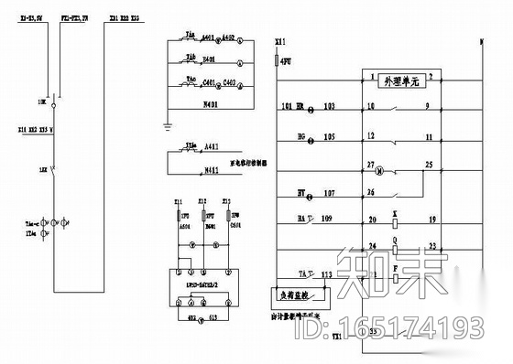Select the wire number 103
(x=330, y=107)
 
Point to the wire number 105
(x=330, y=136)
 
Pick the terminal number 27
(x=371, y=165)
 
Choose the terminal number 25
(x=429, y=165)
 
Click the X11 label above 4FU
(x=279, y=42)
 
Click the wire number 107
(x=330, y=192)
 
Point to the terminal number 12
(x=371, y=136)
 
